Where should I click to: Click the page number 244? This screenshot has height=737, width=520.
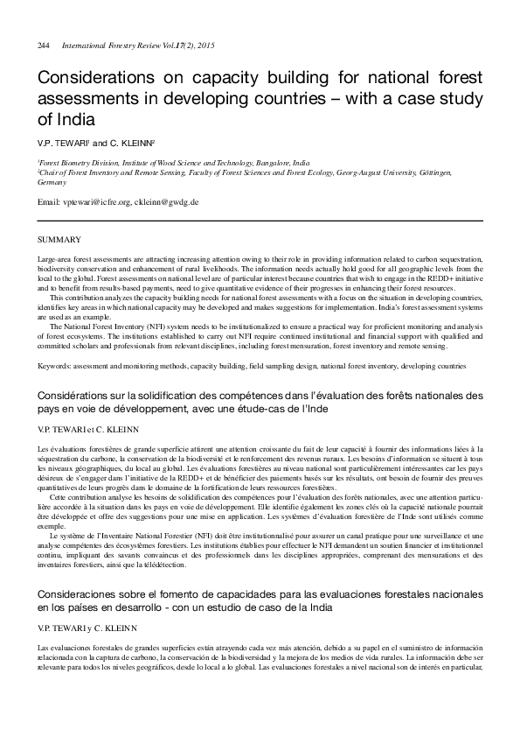(x=44, y=45)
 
